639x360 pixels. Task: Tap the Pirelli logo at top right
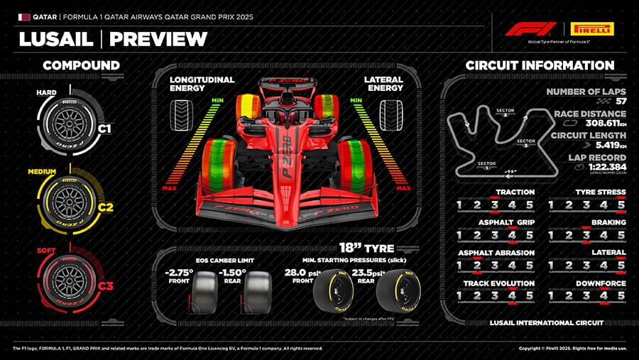[x=592, y=29]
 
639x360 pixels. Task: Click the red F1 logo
[x=530, y=29]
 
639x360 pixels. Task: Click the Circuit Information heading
[x=540, y=65]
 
